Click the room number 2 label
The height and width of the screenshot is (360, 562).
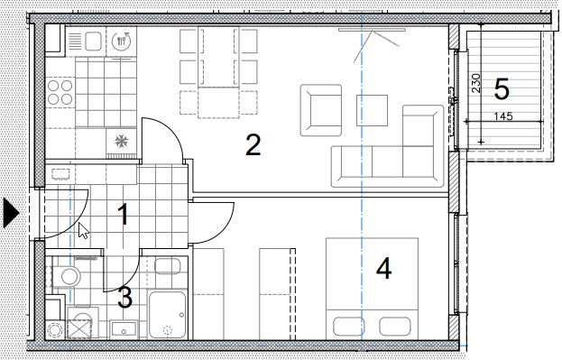coord(253,145)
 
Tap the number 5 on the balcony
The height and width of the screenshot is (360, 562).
coord(502,89)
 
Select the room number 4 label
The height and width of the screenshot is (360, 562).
coord(384,269)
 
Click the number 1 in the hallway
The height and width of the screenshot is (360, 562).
coord(124,214)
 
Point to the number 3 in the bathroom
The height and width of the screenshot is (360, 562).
coord(125,297)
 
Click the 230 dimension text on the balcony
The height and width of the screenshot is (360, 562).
coord(476,83)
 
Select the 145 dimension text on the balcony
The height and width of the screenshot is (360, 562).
coord(503,116)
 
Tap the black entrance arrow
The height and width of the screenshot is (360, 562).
coord(11,213)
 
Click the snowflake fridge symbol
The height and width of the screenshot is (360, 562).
coord(121,142)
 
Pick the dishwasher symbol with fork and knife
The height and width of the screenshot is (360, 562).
coord(122,41)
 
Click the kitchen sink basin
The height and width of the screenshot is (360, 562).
coord(93,42)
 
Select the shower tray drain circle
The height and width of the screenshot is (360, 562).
coord(168,330)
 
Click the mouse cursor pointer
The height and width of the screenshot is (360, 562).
coord(84,230)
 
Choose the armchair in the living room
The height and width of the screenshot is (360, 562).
coord(321,110)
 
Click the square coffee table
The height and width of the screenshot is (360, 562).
coord(372,110)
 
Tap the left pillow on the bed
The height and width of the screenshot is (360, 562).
coord(348,327)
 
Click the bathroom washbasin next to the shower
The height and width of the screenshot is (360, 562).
coord(168,266)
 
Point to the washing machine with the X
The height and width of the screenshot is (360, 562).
coord(79,328)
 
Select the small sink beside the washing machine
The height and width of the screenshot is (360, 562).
coord(124,329)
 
